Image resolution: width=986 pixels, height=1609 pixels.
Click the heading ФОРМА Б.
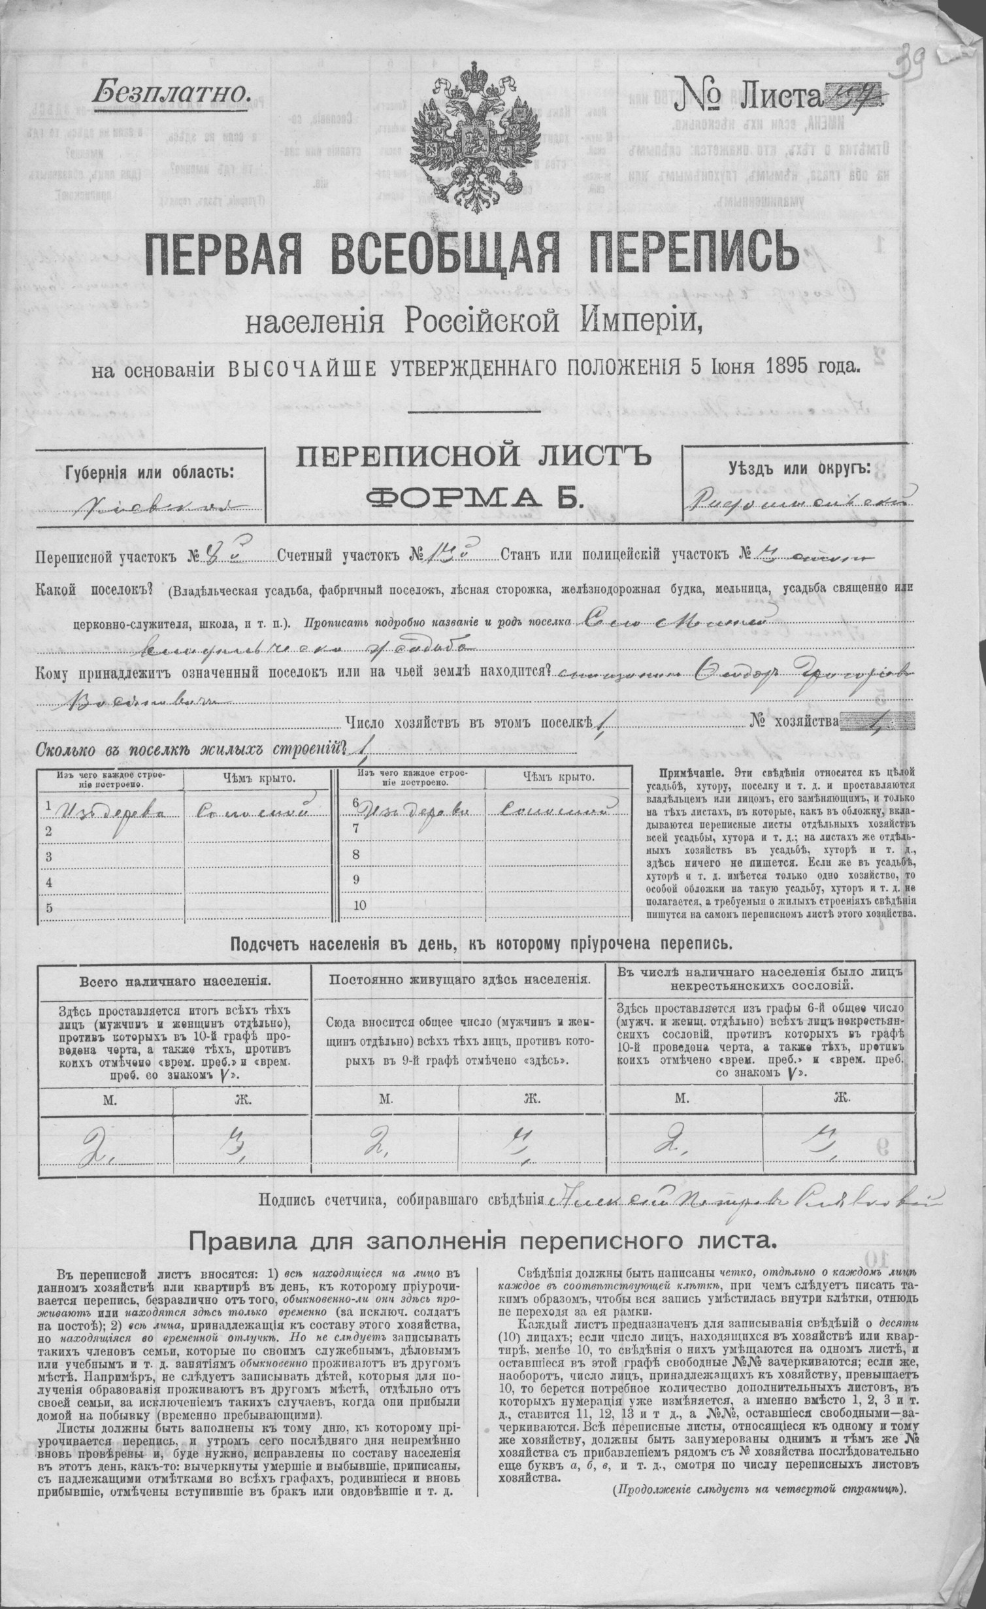click(x=473, y=500)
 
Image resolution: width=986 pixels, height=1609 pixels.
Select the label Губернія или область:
click(x=148, y=472)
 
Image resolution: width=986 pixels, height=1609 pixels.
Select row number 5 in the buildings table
click(x=49, y=907)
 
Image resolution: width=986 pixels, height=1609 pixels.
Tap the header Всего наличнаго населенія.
click(x=173, y=981)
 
